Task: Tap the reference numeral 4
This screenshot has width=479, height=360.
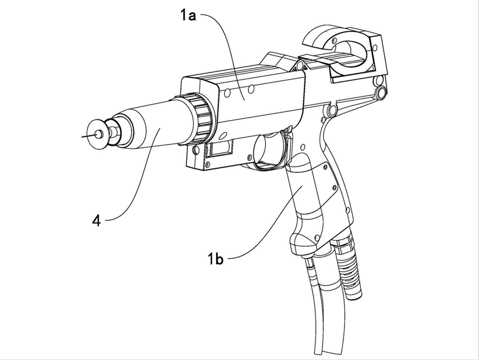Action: coord(97,221)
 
